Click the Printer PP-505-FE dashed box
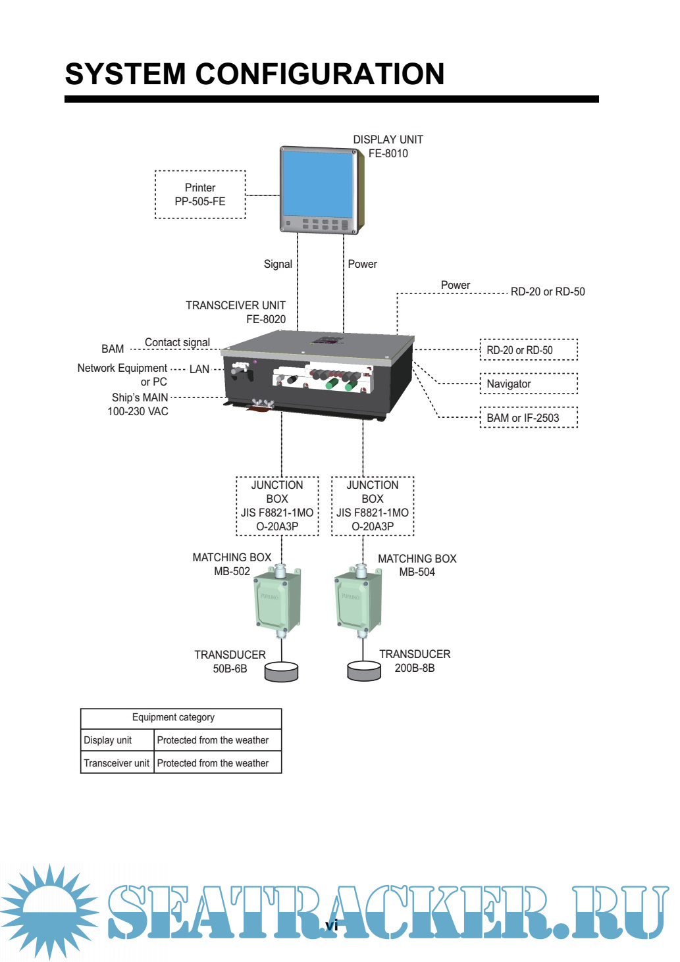[x=200, y=195]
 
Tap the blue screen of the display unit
[x=317, y=184]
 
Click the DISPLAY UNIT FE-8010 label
[x=388, y=147]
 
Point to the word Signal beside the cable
[x=278, y=264]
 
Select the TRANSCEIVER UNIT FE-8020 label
[x=236, y=313]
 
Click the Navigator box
[x=529, y=384]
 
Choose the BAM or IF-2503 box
[x=529, y=418]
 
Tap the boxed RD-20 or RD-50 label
[x=529, y=350]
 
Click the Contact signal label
[x=177, y=342]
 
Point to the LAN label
[x=199, y=369]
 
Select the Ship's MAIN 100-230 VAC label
[x=140, y=405]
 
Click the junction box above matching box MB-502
[x=277, y=506]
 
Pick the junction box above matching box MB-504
[x=373, y=506]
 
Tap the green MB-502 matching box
[x=277, y=601]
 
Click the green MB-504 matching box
[x=357, y=601]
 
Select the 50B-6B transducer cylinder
[x=281, y=672]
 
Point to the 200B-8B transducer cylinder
[x=364, y=672]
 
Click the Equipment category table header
[x=174, y=718]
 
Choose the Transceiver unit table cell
[x=117, y=763]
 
